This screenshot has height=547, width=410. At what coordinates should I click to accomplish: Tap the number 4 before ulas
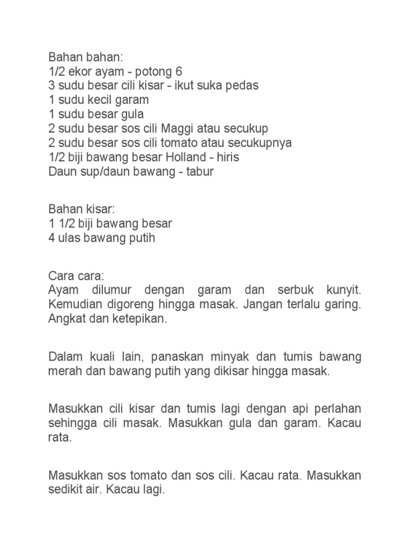click(x=52, y=238)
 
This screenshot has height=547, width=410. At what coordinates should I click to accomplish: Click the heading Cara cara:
click(x=77, y=277)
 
